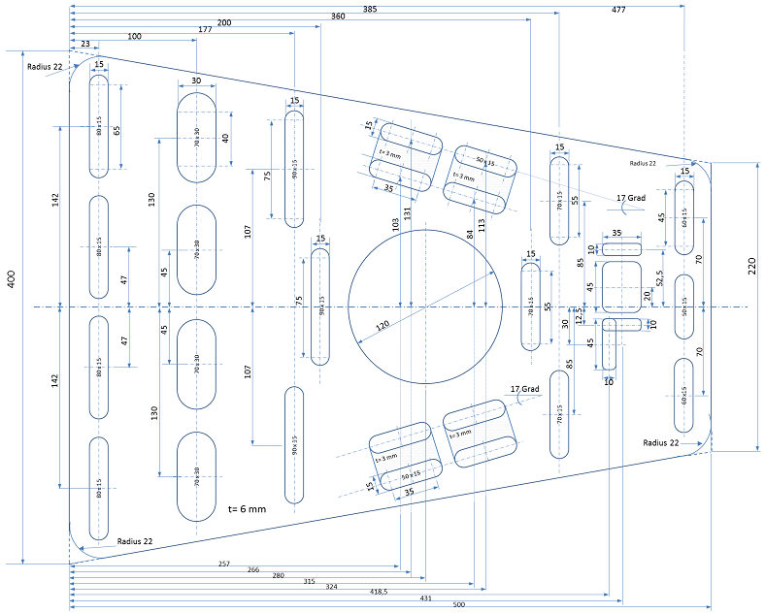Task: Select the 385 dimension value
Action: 370,8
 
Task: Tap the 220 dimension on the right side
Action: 751,267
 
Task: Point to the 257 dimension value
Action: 224,564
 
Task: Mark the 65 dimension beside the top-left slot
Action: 116,132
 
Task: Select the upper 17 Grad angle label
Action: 631,198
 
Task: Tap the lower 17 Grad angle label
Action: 524,389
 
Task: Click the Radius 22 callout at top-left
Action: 45,66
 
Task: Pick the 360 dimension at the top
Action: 337,16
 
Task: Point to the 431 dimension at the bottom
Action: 425,598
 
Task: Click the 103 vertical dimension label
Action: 395,224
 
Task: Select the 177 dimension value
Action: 204,30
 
